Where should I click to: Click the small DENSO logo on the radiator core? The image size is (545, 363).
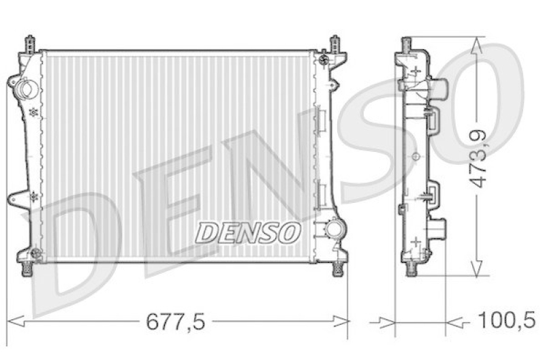[x=248, y=233]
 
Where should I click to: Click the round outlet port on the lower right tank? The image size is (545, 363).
[x=334, y=228]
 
